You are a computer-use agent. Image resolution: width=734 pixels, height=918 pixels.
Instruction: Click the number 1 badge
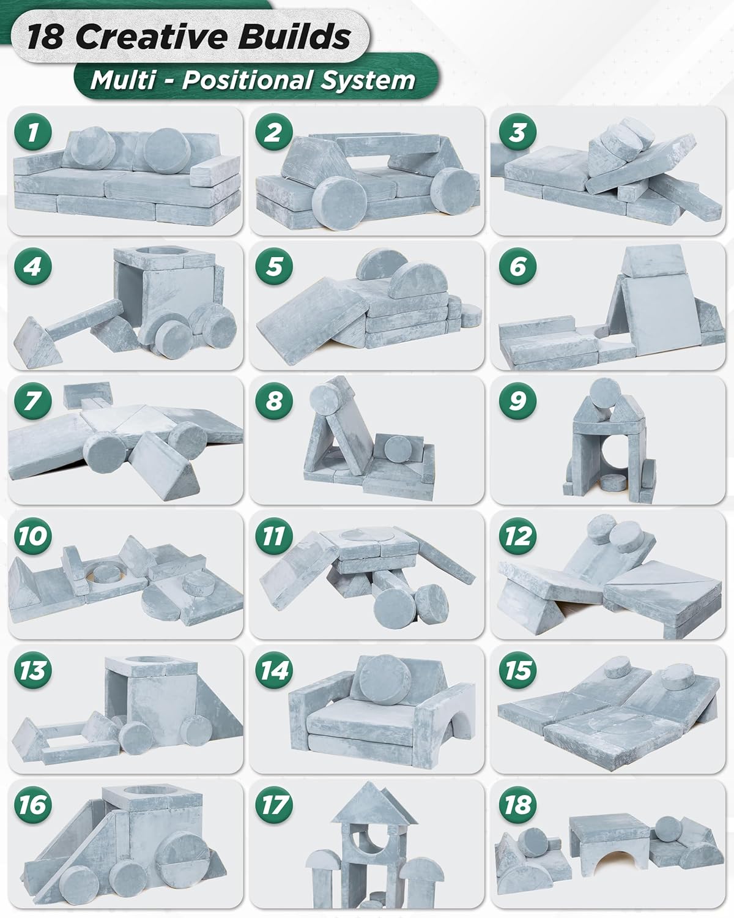(x=33, y=132)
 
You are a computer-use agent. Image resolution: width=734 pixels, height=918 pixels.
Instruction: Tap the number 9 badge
(x=517, y=400)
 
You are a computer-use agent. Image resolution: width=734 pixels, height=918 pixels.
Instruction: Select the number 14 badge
(x=274, y=670)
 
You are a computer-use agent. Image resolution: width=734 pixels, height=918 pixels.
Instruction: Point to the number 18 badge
(x=517, y=805)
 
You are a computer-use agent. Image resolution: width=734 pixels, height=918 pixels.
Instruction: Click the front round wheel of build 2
(x=338, y=203)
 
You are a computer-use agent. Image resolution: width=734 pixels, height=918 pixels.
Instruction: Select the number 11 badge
(x=274, y=535)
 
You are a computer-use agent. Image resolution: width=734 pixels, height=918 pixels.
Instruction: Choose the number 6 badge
(x=517, y=266)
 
